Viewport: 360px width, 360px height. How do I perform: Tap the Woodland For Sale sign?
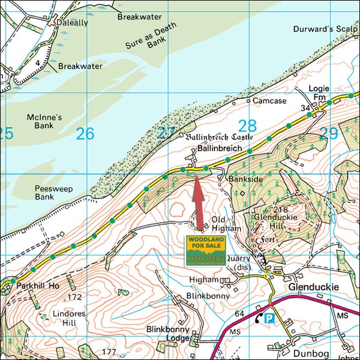(x=205, y=251)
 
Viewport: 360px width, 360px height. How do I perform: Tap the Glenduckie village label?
(x=313, y=287)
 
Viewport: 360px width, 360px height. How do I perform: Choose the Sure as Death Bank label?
(x=144, y=36)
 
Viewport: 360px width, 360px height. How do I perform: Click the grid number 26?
(x=85, y=133)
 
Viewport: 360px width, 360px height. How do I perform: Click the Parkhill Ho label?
(x=37, y=286)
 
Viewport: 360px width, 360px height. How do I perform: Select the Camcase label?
(x=269, y=101)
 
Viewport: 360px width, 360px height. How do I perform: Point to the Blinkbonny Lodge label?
(x=168, y=334)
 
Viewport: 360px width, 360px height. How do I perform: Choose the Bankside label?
(x=243, y=179)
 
